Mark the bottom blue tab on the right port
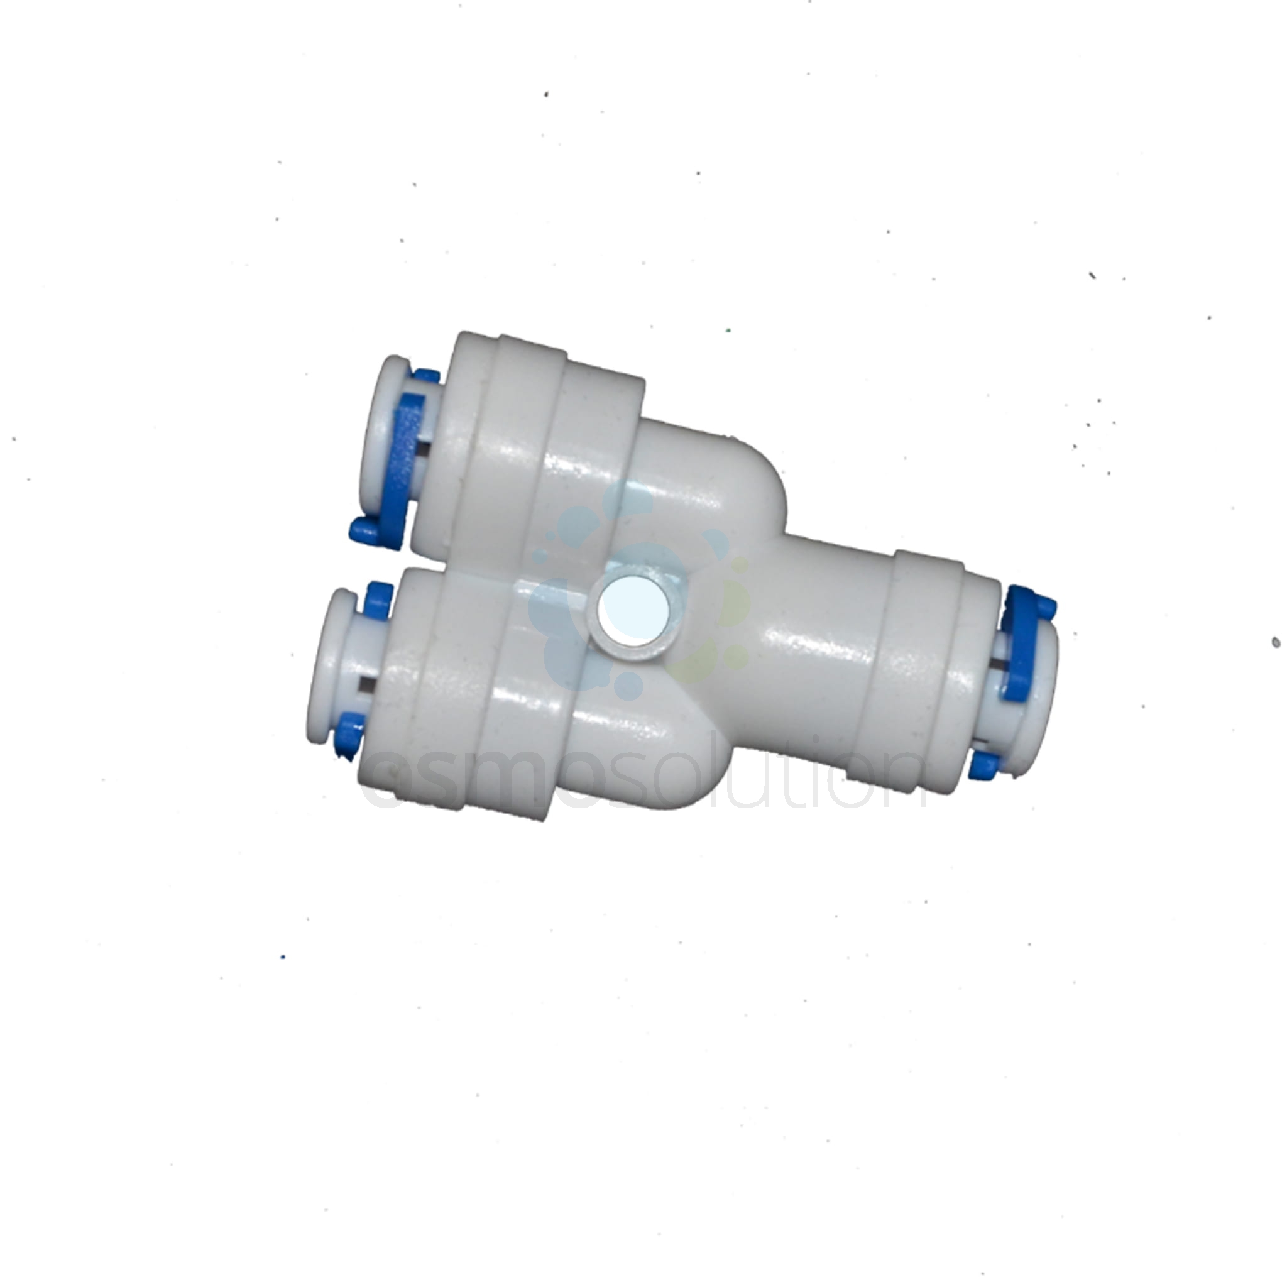click(983, 765)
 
